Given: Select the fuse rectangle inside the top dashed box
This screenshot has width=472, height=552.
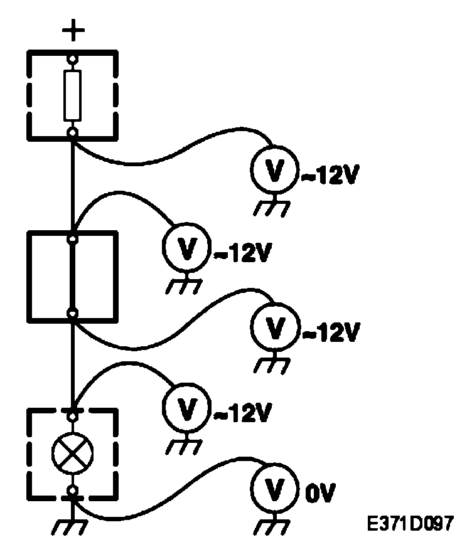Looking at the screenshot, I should (x=73, y=95).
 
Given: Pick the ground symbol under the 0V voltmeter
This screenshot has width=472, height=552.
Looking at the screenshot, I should (x=271, y=524).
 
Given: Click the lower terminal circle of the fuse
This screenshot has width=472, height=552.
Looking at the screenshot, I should (x=73, y=132).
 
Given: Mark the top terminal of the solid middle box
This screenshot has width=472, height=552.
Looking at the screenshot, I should (x=73, y=238).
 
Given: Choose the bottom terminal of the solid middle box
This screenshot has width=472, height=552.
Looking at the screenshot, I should (x=73, y=312).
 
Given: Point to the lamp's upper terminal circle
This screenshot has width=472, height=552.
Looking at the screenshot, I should (x=73, y=415).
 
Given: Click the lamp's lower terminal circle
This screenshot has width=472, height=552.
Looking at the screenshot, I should (x=73, y=489).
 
